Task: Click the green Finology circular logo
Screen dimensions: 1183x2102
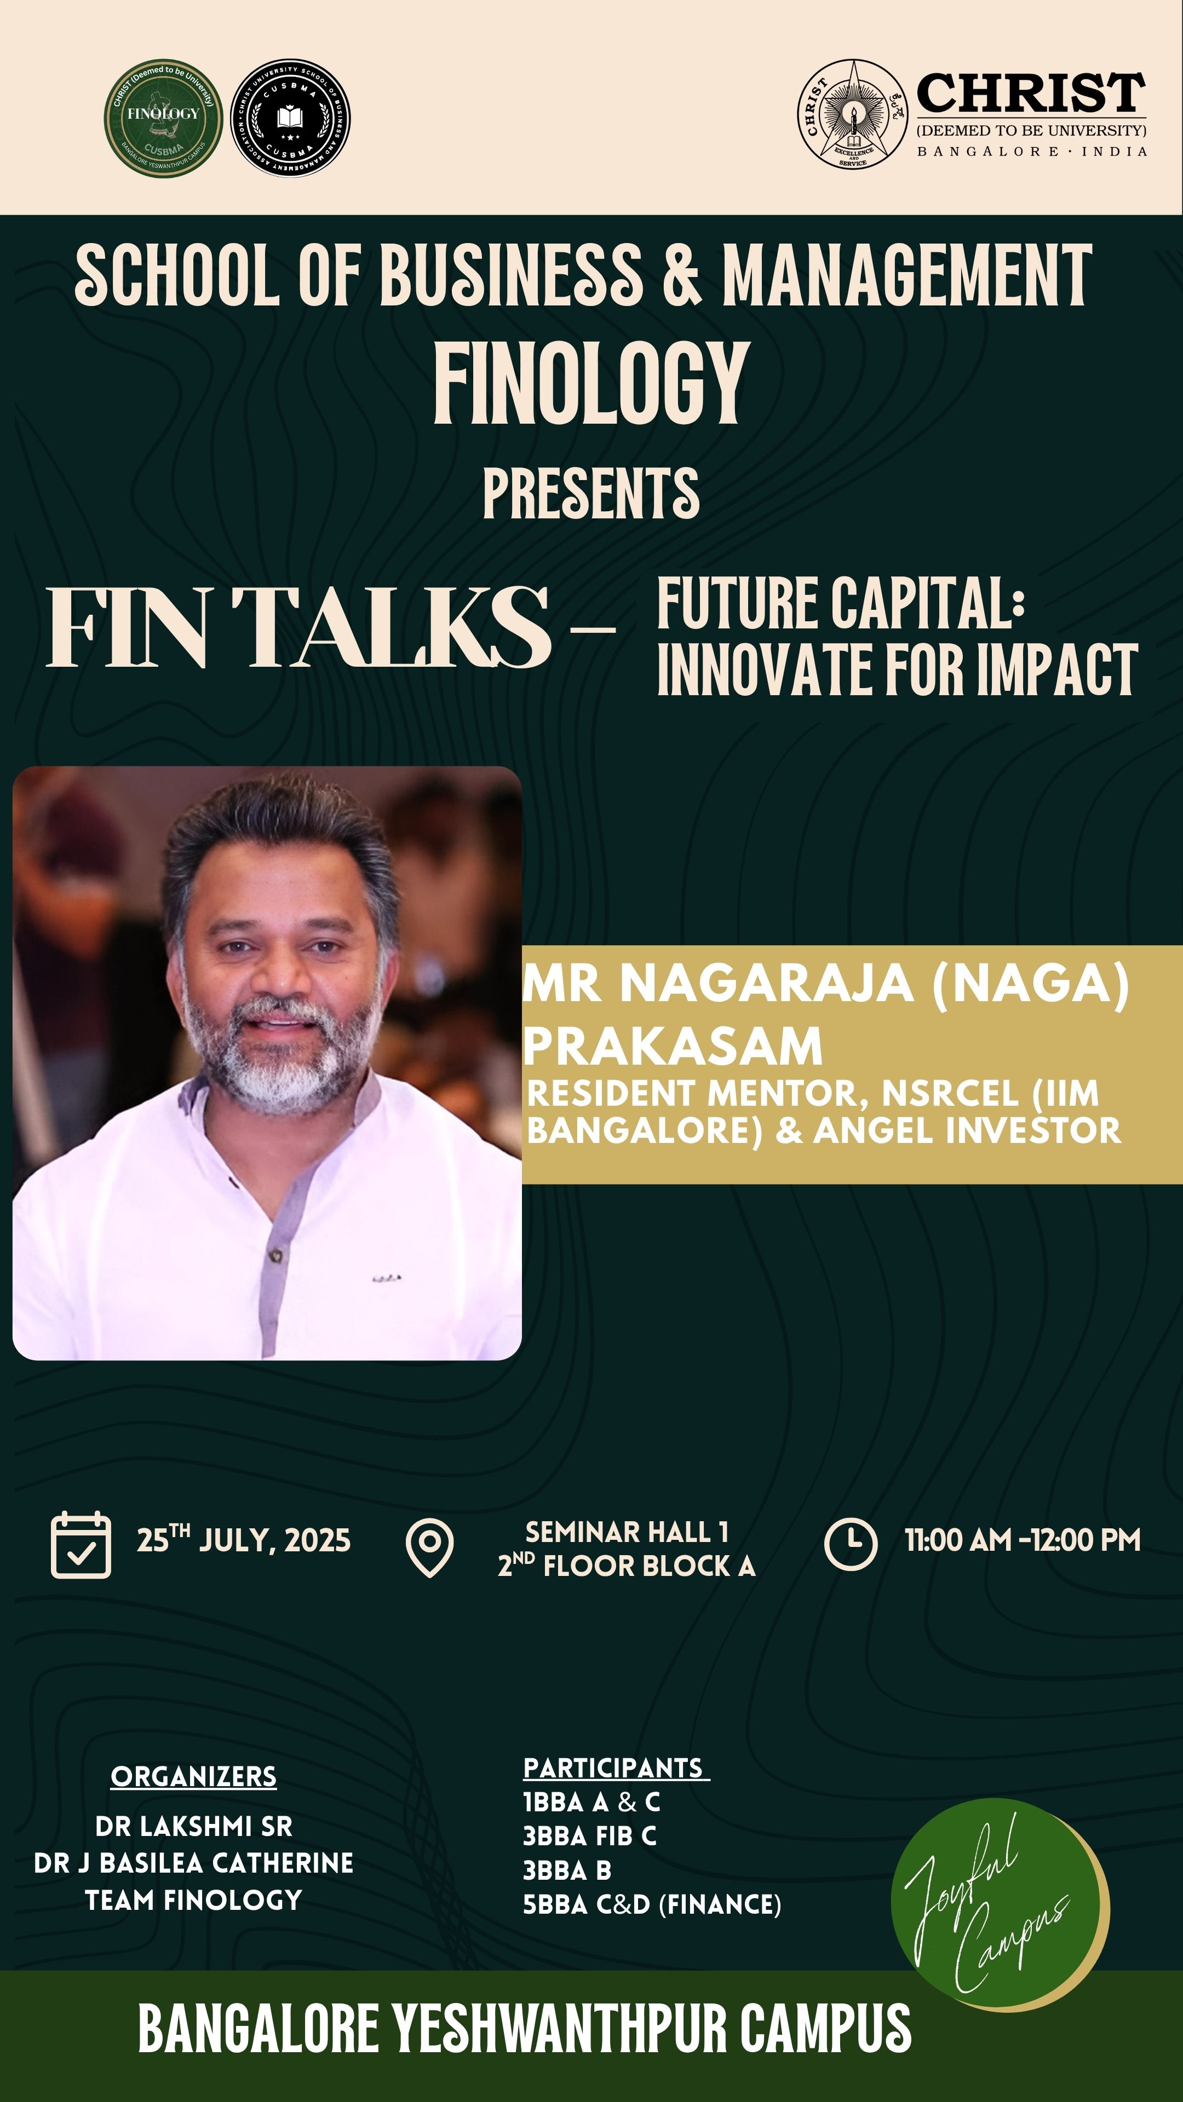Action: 163,118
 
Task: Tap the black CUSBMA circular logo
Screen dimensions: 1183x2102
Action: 291,118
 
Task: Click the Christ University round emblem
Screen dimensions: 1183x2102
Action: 852,113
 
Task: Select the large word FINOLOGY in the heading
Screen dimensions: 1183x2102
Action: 591,383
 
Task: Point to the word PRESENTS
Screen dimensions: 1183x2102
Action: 591,494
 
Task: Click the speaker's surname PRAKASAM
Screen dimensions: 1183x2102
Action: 673,1046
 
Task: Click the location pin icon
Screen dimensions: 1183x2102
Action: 429,1547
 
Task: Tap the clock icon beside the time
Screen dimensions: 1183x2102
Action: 851,1544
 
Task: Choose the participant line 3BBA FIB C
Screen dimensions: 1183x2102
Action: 589,1835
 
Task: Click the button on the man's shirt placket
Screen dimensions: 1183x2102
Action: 276,1257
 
